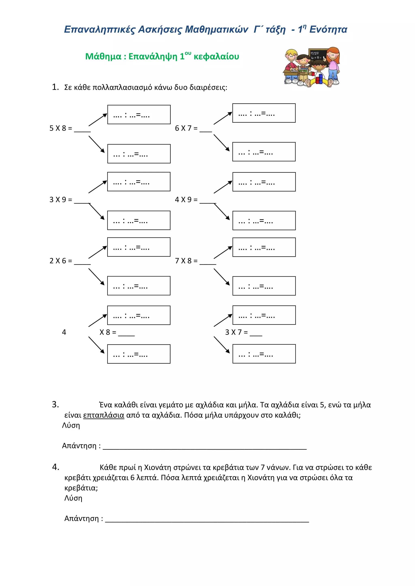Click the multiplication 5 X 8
(x=61, y=128)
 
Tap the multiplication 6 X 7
(x=186, y=128)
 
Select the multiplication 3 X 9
(x=61, y=200)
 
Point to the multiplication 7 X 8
(x=186, y=261)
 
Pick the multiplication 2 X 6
(x=61, y=261)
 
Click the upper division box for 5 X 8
(x=139, y=115)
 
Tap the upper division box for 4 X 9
(x=264, y=182)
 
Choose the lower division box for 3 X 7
(x=264, y=354)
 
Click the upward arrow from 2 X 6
(x=98, y=252)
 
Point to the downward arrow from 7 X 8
(x=222, y=277)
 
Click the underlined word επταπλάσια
(x=104, y=415)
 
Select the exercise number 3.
(x=55, y=404)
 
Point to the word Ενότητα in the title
(x=328, y=30)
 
